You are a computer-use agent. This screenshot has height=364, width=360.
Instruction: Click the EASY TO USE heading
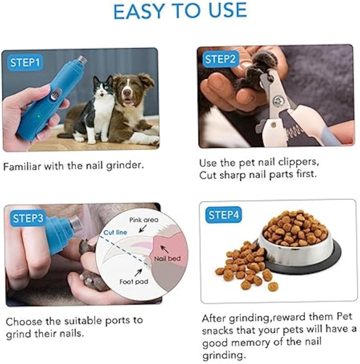(179, 11)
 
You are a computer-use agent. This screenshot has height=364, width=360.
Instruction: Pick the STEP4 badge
(223, 216)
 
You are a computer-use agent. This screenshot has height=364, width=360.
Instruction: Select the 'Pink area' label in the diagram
(144, 219)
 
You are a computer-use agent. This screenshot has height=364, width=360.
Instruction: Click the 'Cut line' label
(115, 232)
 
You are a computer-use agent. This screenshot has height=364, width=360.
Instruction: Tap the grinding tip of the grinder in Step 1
(82, 60)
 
